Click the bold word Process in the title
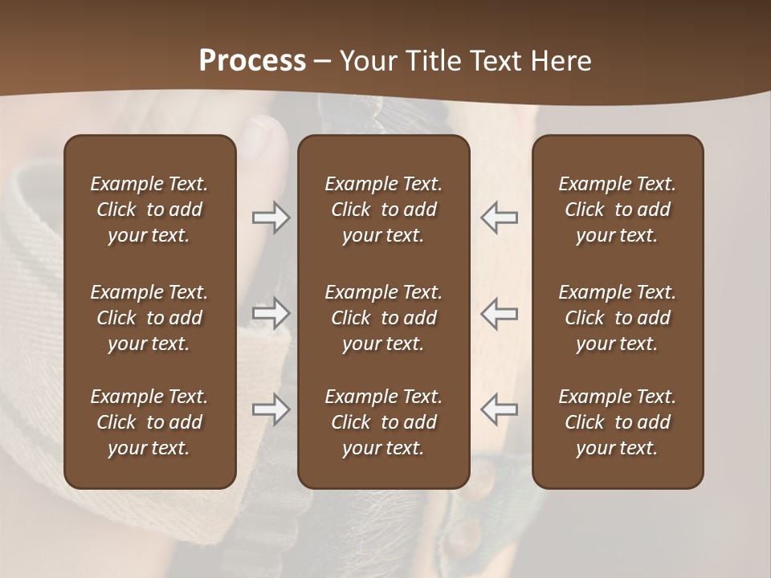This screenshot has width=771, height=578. pyautogui.click(x=252, y=61)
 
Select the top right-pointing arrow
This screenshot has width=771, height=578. pyautogui.click(x=271, y=218)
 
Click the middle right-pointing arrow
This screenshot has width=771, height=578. pyautogui.click(x=271, y=313)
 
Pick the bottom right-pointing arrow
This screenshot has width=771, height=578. pyautogui.click(x=271, y=409)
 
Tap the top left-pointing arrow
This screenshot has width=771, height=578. pyautogui.click(x=499, y=218)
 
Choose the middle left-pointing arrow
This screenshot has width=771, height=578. pyautogui.click(x=499, y=313)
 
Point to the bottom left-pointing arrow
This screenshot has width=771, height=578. pyautogui.click(x=499, y=409)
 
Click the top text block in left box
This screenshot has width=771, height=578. pyautogui.click(x=149, y=210)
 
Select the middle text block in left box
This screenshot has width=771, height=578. pyautogui.click(x=149, y=318)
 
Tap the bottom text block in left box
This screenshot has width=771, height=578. pyautogui.click(x=149, y=422)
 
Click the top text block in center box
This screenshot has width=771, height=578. pyautogui.click(x=383, y=210)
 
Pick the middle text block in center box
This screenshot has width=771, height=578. pyautogui.click(x=383, y=318)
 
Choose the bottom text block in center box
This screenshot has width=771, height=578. pyautogui.click(x=383, y=422)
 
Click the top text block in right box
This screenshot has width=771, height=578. pyautogui.click(x=617, y=210)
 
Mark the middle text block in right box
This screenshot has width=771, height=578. pyautogui.click(x=617, y=318)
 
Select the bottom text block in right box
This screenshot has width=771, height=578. pyautogui.click(x=617, y=422)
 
